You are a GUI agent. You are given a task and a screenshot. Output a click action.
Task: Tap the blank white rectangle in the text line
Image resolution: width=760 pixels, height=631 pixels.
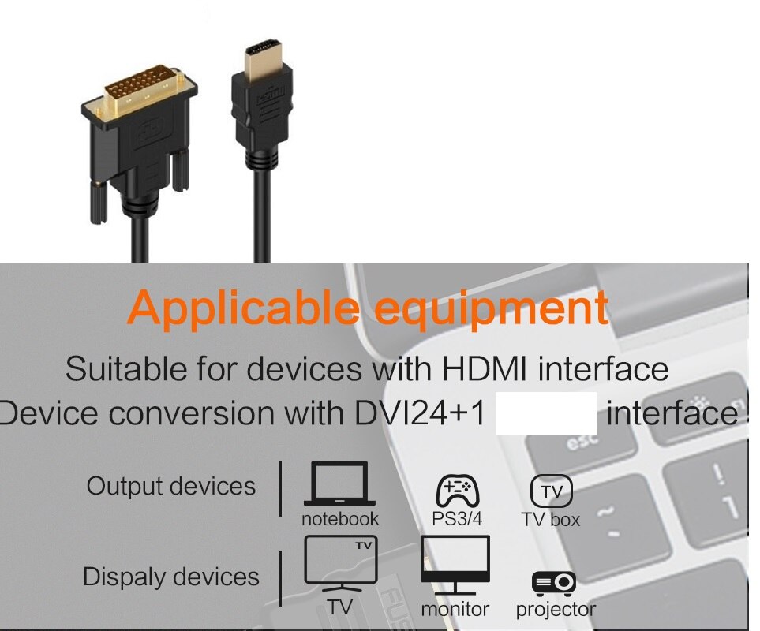(x=545, y=413)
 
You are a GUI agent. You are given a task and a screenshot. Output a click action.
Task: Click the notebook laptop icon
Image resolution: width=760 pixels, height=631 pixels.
(x=339, y=484)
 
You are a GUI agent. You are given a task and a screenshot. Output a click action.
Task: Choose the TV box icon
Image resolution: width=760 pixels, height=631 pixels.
(x=551, y=491)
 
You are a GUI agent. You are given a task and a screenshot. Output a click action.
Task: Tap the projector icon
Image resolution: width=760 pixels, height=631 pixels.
(x=554, y=583)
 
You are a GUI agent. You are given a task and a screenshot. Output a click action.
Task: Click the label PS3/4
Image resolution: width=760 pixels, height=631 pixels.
(x=457, y=519)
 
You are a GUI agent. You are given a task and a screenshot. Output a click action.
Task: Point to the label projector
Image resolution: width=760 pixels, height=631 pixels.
(x=556, y=610)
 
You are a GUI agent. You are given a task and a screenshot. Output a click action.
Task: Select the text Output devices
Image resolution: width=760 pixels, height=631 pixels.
(x=171, y=486)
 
